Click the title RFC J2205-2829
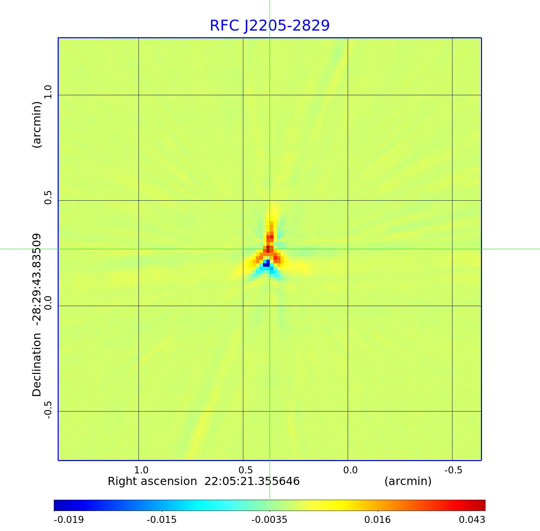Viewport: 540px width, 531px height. [270, 26]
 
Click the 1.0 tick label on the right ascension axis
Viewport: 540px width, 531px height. [141, 470]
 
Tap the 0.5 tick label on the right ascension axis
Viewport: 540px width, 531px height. [246, 470]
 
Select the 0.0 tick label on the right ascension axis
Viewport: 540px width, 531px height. [350, 470]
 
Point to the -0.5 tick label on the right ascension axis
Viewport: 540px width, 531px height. [453, 470]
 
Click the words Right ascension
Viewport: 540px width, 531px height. [152, 481]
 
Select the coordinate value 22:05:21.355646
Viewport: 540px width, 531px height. [252, 481]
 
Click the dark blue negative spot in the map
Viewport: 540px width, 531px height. [266, 264]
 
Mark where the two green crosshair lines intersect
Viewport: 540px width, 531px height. [270, 249]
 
